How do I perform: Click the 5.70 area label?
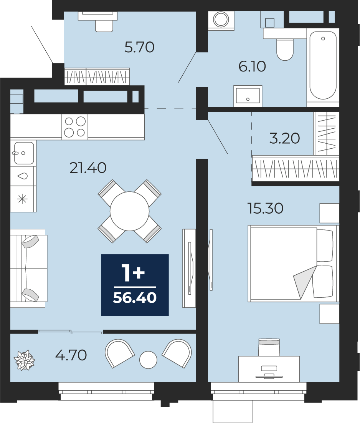coord(139,47)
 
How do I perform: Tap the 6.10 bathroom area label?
coord(252,66)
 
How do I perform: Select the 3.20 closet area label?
coord(284,138)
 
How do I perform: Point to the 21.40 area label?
coord(88,168)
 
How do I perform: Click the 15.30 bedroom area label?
coord(266,208)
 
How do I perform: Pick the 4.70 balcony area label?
coord(71,355)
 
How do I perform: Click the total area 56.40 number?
coord(135,297)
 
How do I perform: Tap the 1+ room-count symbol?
coord(133,273)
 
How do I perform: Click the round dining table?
coord(130,211)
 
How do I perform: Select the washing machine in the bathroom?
coord(221,20)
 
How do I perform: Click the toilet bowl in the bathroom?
coord(285,49)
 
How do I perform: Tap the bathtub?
coord(323,66)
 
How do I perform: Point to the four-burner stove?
coord(75,127)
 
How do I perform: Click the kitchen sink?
coord(24,153)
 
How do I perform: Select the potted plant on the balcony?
coord(24,360)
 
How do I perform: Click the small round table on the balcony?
coord(148,360)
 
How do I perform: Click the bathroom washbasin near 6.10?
coord(248,96)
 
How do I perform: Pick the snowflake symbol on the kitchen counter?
coord(22,199)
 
